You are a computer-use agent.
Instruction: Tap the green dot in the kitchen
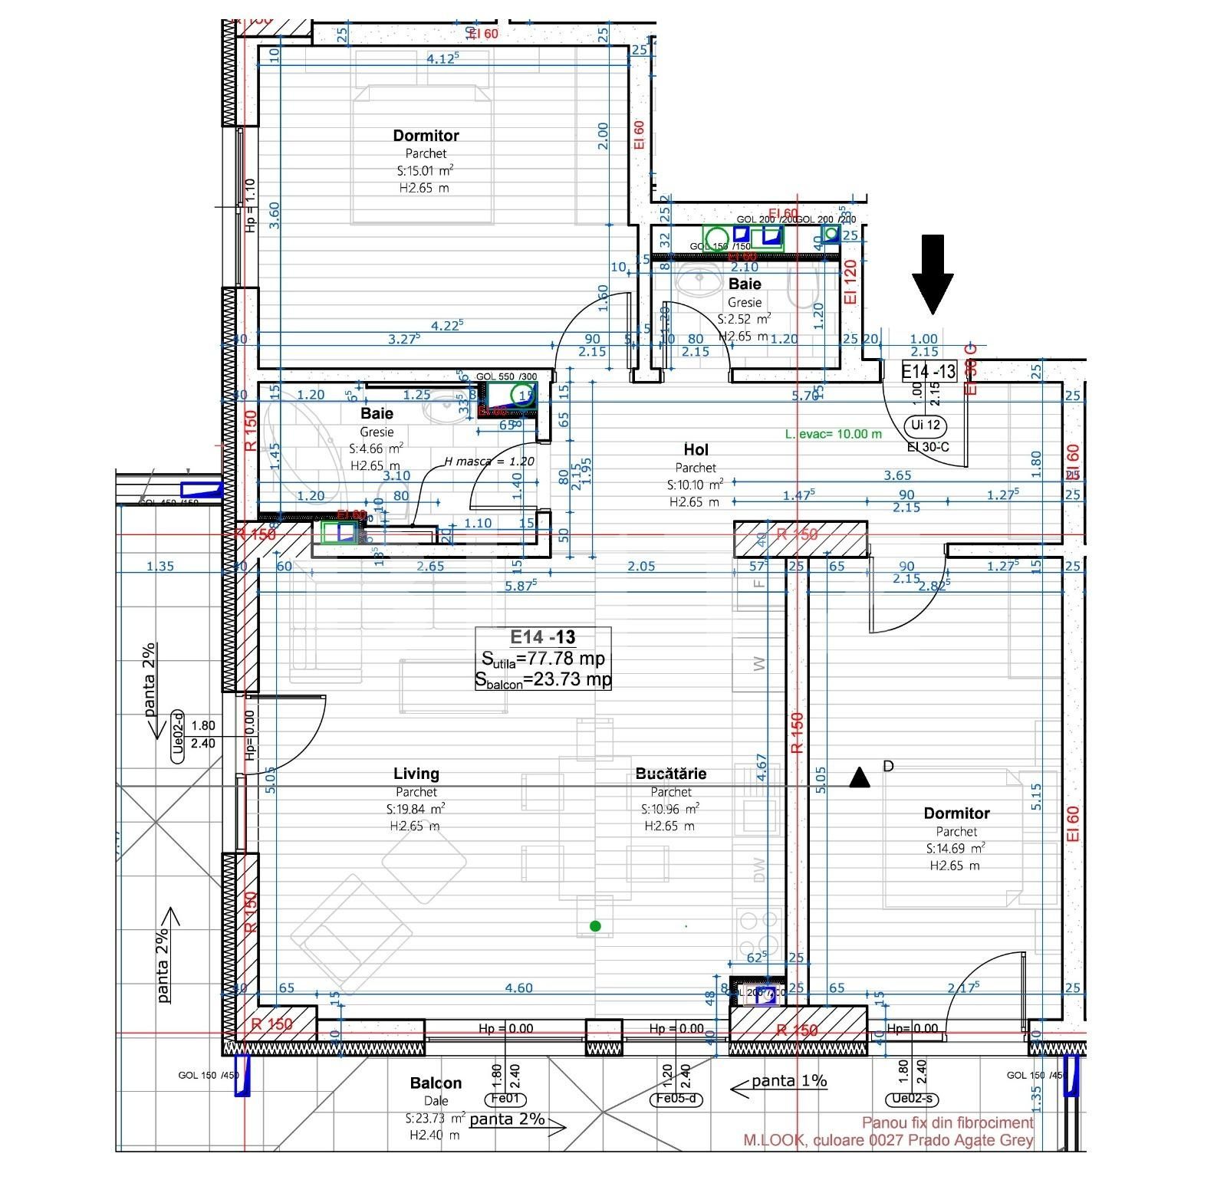(595, 926)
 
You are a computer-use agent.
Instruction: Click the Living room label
(416, 774)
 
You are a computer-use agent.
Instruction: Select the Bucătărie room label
(671, 774)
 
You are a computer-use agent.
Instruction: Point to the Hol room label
(696, 449)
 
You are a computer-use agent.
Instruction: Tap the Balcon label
(436, 1083)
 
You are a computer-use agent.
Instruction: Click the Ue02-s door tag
(912, 1099)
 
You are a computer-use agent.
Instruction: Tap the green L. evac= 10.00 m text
(833, 434)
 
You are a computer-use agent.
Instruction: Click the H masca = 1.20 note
(489, 462)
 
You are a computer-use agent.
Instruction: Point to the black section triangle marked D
(860, 778)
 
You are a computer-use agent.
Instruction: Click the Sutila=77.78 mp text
(543, 659)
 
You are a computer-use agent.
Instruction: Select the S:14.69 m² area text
(956, 848)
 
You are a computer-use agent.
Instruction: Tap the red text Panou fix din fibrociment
(947, 1122)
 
